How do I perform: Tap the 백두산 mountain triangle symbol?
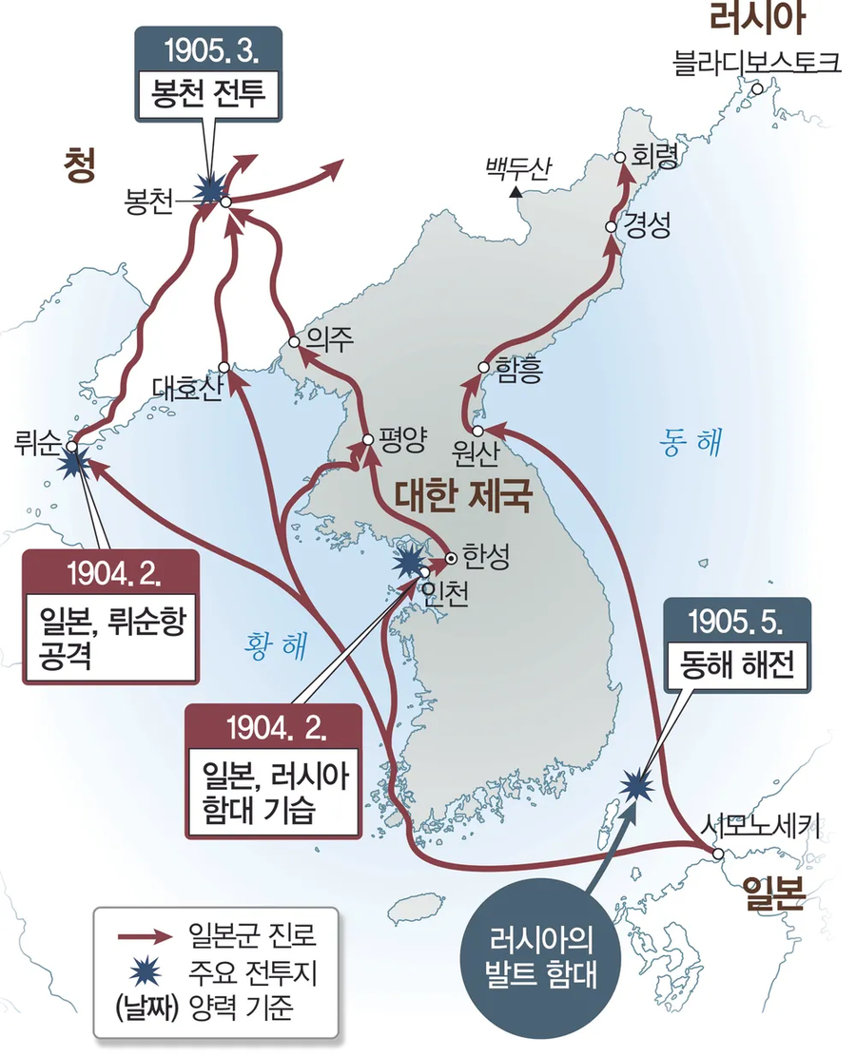(515, 193)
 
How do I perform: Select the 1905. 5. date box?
(738, 624)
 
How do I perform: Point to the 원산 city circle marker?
(478, 431)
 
